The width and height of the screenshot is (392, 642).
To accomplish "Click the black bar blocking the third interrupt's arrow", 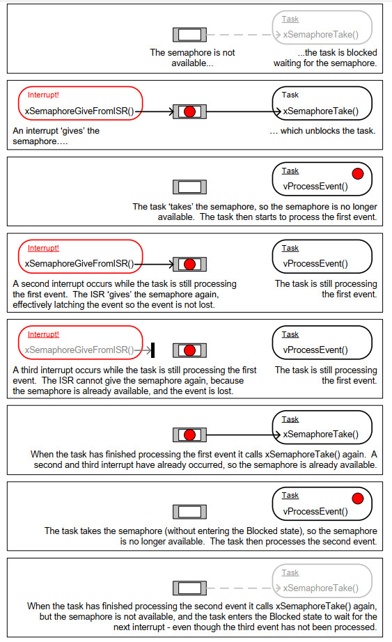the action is [152, 350].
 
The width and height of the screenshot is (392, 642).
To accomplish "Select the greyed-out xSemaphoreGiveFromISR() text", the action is [79, 350].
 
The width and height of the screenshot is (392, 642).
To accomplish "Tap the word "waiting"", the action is [286, 63].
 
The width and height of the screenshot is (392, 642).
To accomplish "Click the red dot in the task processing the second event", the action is [358, 499].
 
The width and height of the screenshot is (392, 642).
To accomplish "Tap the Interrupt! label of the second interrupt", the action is [43, 248].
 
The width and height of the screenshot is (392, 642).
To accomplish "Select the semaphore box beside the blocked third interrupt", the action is [189, 350].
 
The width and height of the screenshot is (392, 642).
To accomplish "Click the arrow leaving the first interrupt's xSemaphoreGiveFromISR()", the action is [155, 111].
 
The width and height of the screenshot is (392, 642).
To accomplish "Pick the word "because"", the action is [227, 381].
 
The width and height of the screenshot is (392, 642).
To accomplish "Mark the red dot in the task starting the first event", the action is [358, 173].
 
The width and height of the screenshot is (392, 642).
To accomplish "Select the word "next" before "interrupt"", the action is [121, 627].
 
